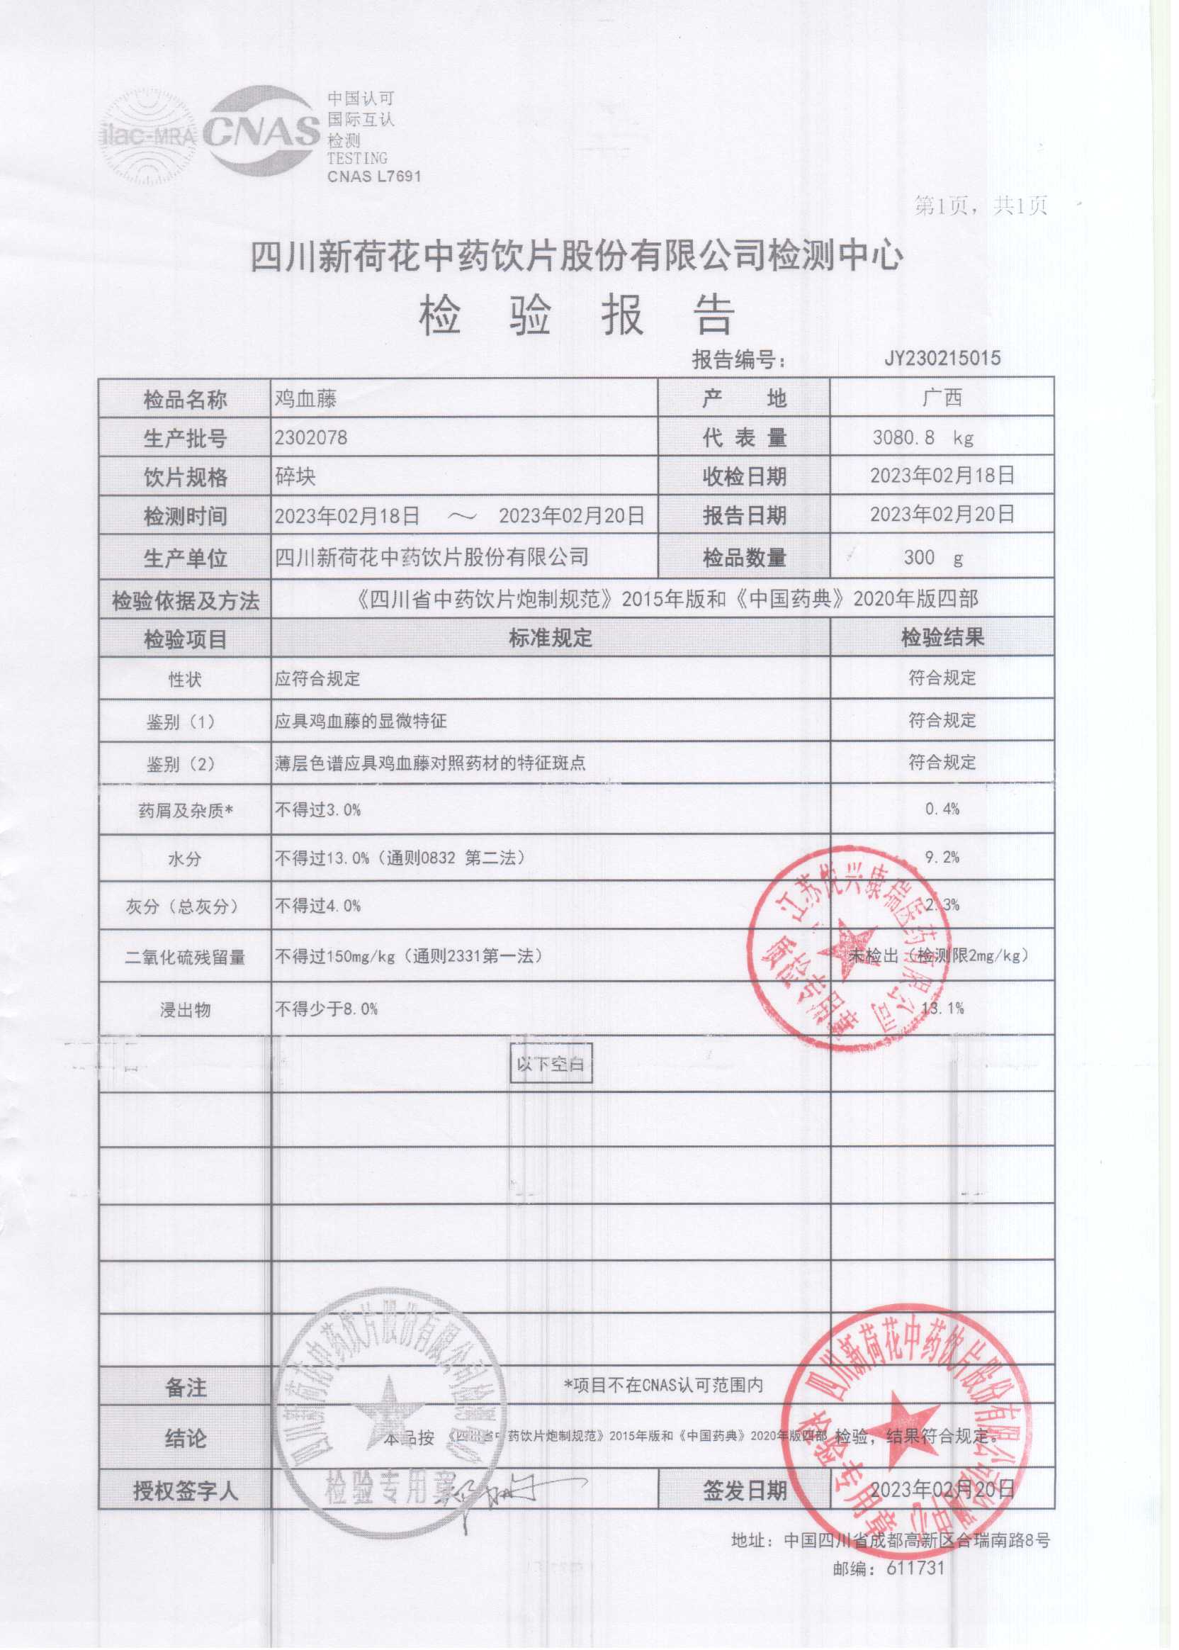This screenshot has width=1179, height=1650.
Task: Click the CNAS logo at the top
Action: tap(261, 130)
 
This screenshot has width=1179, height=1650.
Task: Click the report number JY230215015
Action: tap(942, 358)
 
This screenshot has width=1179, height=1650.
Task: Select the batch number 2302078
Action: tap(311, 438)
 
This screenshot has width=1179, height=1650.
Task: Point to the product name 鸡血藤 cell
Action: tap(305, 399)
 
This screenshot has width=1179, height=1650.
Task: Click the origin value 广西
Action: tap(942, 398)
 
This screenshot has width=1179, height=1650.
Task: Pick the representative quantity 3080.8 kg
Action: tap(922, 438)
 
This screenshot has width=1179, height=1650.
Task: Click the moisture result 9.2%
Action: tap(942, 858)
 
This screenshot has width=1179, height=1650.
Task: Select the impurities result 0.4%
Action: tap(942, 809)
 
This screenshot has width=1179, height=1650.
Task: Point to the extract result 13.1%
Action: tap(942, 1008)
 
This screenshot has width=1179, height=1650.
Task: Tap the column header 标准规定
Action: tap(551, 639)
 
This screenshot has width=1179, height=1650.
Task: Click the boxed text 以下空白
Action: tap(551, 1065)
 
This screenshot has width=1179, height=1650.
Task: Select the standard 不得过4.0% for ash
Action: tap(317, 906)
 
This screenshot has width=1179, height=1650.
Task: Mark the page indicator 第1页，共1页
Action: tap(981, 207)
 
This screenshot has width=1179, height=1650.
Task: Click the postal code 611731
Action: tap(915, 1568)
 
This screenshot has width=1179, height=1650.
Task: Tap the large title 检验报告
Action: tap(577, 317)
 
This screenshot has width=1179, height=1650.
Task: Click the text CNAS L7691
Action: tap(374, 176)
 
